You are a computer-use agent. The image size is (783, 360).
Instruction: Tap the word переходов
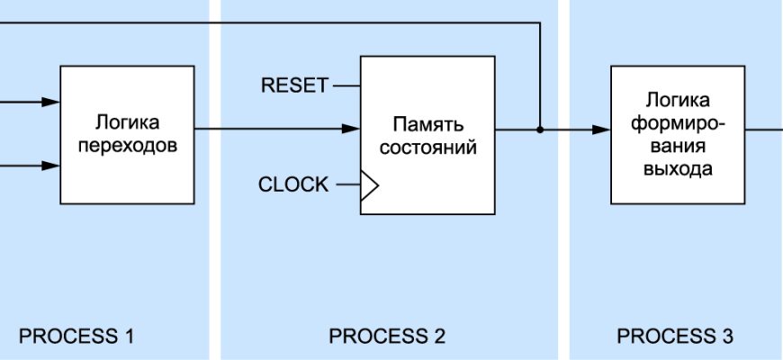127,144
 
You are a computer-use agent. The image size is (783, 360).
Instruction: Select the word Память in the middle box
427,124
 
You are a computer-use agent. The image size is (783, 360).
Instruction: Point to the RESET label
294,86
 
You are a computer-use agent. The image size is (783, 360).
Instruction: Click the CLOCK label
293,185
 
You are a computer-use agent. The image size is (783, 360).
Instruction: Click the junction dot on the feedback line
540,130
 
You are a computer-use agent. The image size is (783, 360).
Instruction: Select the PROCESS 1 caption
76,337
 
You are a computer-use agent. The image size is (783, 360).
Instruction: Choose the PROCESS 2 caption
387,337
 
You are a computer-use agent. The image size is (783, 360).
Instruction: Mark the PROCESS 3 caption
675,337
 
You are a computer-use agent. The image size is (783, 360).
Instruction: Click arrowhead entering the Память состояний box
353,130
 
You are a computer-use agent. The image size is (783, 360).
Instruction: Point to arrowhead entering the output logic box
603,130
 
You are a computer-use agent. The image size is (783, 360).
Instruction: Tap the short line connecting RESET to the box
346,86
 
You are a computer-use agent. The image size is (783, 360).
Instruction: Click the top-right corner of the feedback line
539,24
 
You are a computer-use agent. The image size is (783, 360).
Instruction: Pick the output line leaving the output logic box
763,130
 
